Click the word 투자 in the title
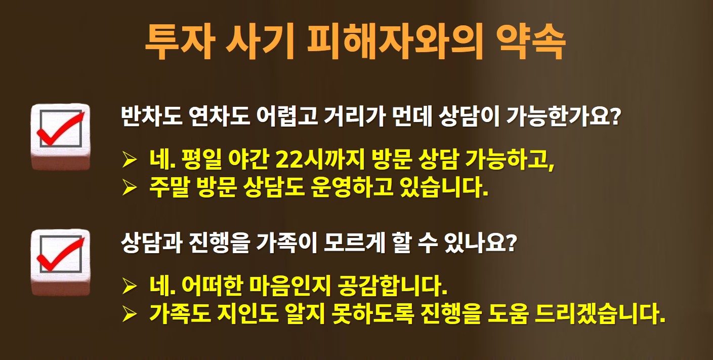point(180,42)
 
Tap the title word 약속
point(531,42)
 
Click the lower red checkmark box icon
point(60,262)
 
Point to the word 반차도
point(151,116)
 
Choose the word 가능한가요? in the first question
point(563,116)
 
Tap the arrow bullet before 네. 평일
point(130,159)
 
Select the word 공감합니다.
point(392,286)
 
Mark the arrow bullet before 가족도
point(130,314)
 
